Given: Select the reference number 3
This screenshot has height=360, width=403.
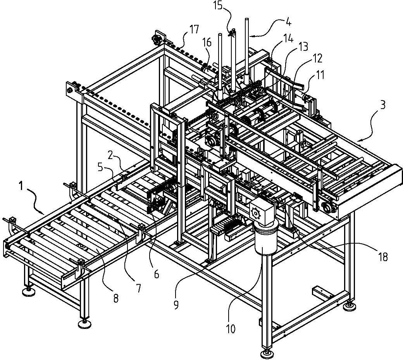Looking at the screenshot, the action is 383,106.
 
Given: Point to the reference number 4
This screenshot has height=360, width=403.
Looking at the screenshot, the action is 288,22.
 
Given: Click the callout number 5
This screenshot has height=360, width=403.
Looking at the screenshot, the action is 100,168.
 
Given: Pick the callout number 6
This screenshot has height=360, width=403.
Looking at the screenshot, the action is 157,274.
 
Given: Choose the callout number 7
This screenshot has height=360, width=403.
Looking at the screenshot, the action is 139,288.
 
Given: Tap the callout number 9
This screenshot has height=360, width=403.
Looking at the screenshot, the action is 176,305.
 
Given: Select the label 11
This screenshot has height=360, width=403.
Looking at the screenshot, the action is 319,75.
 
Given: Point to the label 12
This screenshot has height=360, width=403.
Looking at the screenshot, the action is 317,59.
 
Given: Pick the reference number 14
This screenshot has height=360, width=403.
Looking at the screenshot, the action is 289,38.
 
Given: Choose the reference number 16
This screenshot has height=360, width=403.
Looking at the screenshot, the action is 207,42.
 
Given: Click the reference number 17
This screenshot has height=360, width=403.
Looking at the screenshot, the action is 194,29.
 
